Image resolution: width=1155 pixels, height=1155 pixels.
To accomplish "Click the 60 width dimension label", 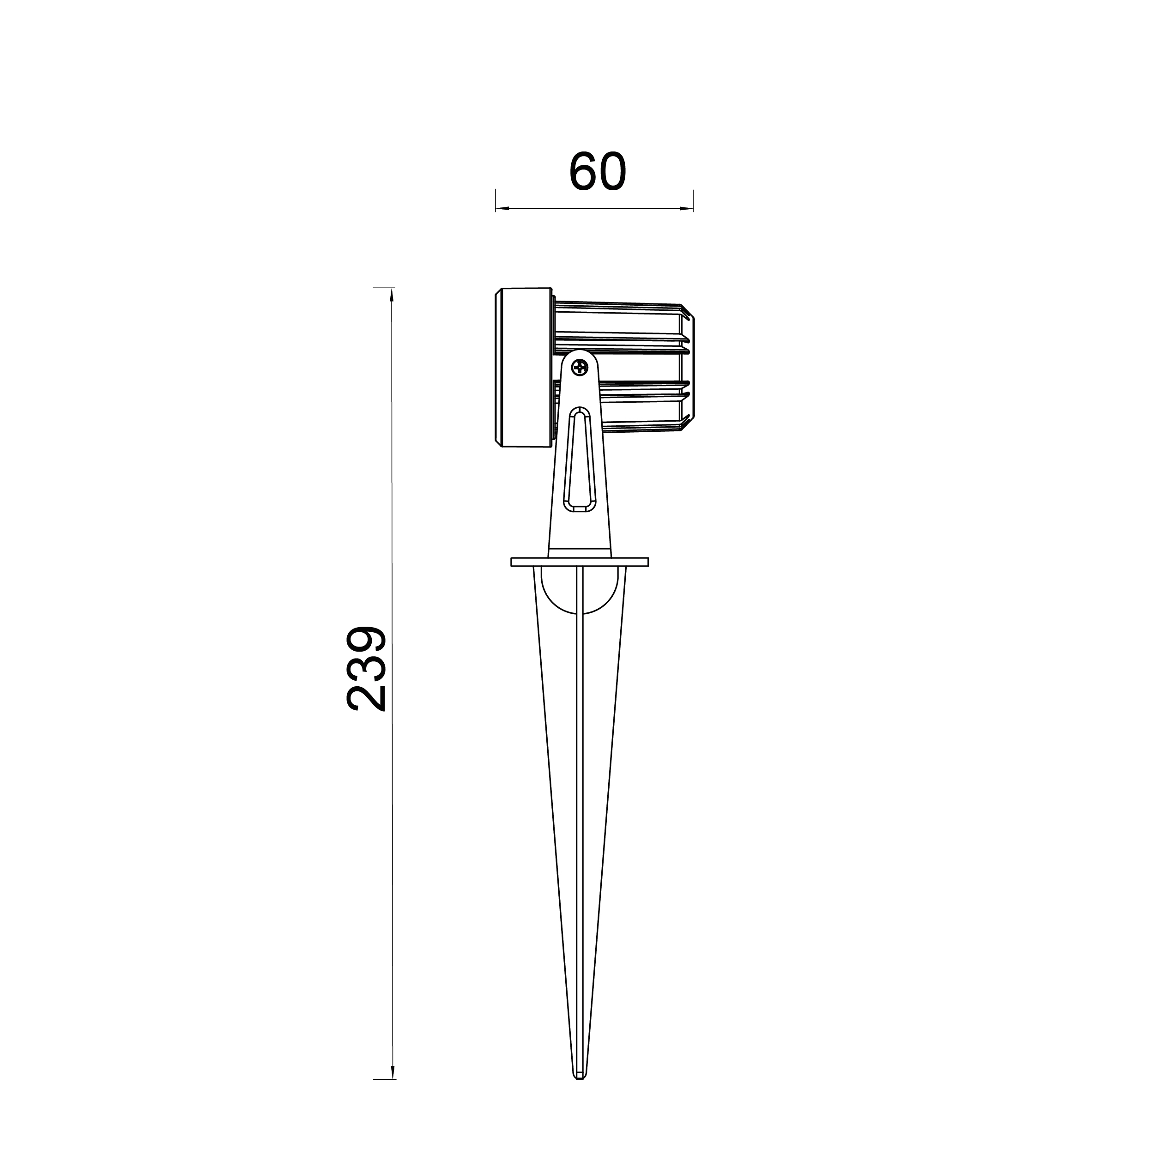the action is click(597, 172).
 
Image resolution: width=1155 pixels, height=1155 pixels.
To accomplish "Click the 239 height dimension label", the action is click(366, 669).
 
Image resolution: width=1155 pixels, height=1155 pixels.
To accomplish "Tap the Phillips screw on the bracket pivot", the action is click(579, 367).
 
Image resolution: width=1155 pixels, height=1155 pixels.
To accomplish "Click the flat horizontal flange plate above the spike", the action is click(579, 562).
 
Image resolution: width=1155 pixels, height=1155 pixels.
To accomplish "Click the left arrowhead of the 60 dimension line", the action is click(502, 208).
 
